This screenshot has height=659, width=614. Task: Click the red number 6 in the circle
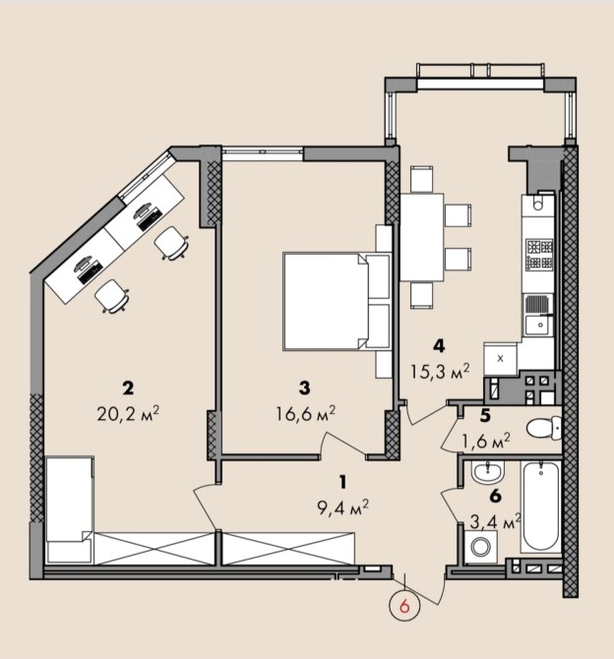pos(405,607)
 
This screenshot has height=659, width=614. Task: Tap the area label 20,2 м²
pos(128,414)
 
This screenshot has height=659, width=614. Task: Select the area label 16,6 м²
pos(305,414)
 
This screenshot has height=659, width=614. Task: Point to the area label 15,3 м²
pos(440,372)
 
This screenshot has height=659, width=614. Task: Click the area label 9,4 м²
pos(342,508)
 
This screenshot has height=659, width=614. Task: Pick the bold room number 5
pos(485,416)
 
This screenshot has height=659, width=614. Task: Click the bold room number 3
pos(304,389)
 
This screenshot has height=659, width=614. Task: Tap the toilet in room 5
pos(544,429)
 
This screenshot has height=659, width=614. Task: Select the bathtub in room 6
pos(540,506)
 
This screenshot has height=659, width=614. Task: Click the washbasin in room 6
pos(487,471)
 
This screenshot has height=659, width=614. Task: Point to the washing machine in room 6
pos(481,546)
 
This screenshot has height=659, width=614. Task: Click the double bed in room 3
pos(336,301)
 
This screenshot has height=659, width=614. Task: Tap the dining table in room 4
pos(422,237)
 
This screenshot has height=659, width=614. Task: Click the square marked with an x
pos(500,359)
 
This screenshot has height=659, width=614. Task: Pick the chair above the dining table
pos(422,179)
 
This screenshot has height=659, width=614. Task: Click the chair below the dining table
pos(422,295)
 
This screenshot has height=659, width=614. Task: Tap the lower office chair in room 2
pos(112,296)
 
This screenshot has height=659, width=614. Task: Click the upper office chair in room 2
pos(171,243)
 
